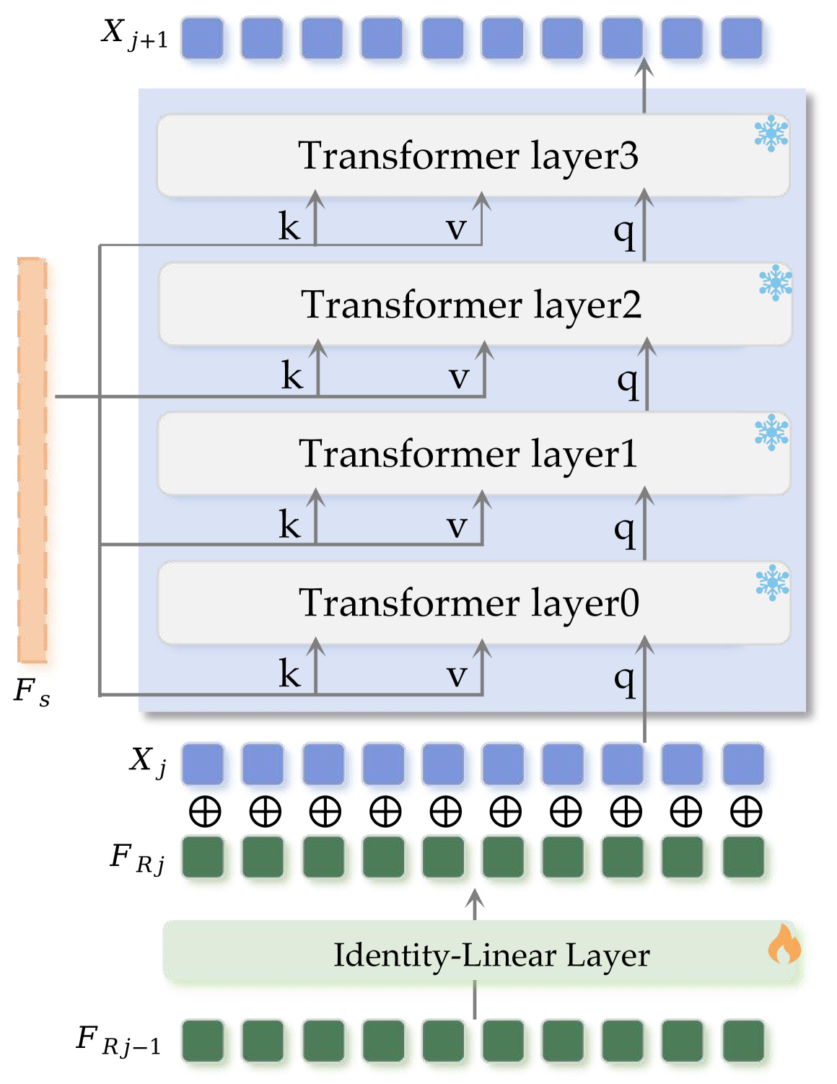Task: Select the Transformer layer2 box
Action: [473, 305]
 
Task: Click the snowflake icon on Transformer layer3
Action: [771, 134]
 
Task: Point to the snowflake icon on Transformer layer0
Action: [771, 582]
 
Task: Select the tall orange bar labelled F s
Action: [32, 460]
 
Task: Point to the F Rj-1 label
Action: [118, 1041]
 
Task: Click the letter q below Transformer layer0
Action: [624, 679]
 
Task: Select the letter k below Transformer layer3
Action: [289, 227]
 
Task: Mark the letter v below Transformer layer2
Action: [460, 377]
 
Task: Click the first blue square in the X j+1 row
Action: [202, 38]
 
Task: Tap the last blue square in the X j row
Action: [743, 764]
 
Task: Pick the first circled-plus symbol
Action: [205, 811]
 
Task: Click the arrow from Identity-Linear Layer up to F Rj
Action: [474, 905]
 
